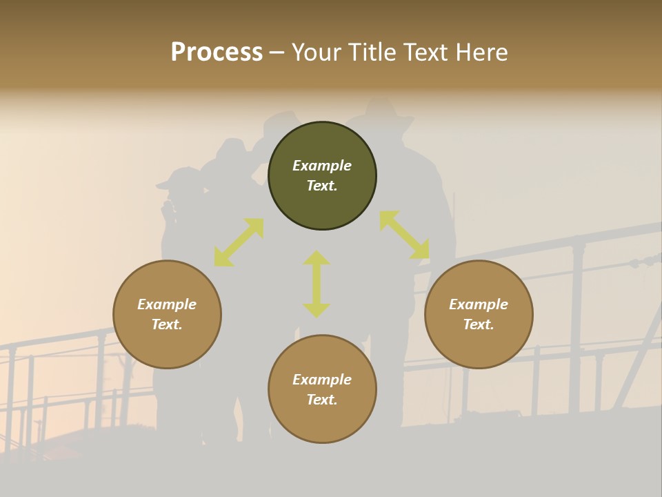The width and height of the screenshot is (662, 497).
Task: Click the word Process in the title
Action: pos(217,52)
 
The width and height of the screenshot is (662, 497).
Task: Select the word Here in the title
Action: pos(481,52)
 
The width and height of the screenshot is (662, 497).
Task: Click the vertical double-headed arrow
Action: pos(317,284)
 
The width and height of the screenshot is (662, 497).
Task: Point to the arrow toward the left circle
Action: pos(239,242)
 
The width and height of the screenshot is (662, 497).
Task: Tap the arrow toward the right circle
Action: pos(404,235)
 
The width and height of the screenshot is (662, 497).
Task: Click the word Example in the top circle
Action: pos(322,166)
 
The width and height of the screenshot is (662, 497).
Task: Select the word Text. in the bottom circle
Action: pos(322,400)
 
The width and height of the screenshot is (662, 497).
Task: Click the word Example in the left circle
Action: pos(167,304)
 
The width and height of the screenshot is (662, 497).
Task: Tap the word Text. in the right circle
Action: pos(479,324)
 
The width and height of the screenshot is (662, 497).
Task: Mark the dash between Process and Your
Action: pos(277,52)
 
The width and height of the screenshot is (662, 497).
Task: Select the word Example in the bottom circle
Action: pos(322,380)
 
